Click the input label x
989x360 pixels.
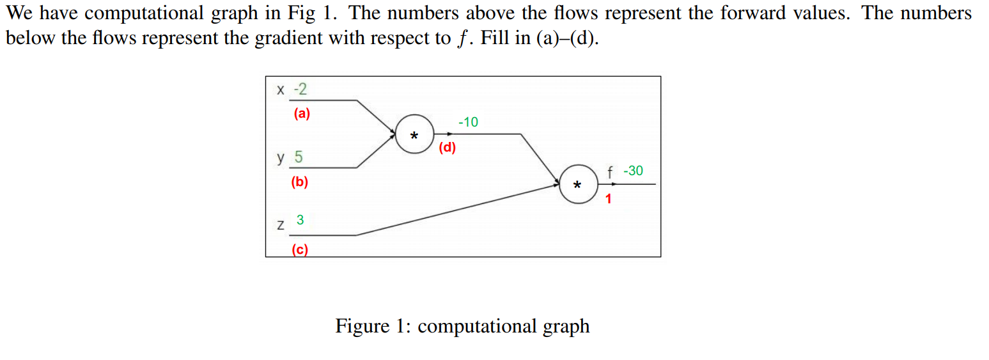click(280, 90)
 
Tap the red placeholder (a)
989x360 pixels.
click(302, 114)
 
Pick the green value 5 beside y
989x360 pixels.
click(299, 157)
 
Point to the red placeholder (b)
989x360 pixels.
click(299, 182)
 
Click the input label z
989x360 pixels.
click(280, 225)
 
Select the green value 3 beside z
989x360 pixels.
click(300, 221)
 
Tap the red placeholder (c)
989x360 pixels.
click(299, 251)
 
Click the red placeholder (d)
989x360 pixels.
click(448, 148)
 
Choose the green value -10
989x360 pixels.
click(468, 122)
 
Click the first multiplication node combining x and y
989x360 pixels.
click(414, 135)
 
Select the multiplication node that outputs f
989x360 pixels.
click(578, 185)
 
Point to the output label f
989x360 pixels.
click(611, 172)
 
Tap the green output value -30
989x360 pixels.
click(633, 171)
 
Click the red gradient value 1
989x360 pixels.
click(608, 199)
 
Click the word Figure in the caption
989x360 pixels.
click(362, 326)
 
